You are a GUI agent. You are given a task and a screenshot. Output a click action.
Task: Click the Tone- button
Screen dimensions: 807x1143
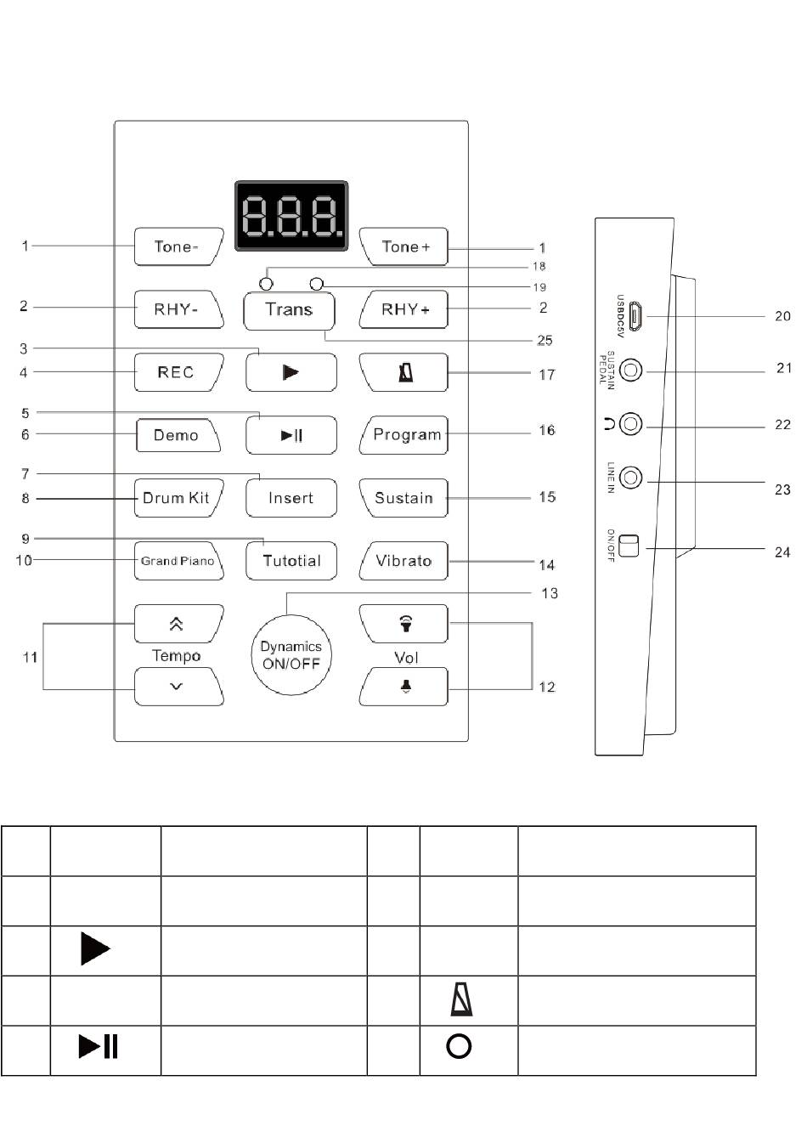(178, 246)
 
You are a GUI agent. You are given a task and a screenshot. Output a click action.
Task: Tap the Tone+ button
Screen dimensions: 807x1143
(403, 246)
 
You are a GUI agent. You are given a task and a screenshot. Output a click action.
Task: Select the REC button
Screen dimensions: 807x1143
(178, 372)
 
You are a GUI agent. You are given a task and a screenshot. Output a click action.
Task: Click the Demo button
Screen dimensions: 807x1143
(178, 435)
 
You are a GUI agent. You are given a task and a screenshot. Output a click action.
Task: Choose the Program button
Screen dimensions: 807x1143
(403, 435)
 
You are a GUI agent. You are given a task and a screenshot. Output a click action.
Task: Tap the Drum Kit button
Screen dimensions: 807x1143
(178, 497)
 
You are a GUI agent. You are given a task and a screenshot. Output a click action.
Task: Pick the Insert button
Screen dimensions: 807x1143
(291, 497)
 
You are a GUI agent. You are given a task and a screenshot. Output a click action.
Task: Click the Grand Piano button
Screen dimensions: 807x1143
(178, 560)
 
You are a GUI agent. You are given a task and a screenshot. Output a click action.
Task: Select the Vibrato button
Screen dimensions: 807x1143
(403, 560)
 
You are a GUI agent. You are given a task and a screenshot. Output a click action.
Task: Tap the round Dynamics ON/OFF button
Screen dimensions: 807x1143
(291, 654)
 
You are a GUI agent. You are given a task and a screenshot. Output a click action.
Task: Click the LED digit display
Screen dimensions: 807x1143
(291, 215)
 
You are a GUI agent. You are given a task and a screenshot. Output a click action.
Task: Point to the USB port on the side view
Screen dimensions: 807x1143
(635, 316)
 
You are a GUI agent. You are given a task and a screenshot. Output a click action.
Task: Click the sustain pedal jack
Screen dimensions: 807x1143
(631, 370)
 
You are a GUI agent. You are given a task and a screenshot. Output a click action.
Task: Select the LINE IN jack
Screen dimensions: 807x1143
(631, 478)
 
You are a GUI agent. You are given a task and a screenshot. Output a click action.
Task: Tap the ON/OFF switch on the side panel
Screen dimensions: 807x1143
(629, 546)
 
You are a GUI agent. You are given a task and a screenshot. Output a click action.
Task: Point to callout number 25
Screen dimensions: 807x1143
(545, 340)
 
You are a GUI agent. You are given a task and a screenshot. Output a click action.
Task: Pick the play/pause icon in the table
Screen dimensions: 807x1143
(98, 1046)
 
